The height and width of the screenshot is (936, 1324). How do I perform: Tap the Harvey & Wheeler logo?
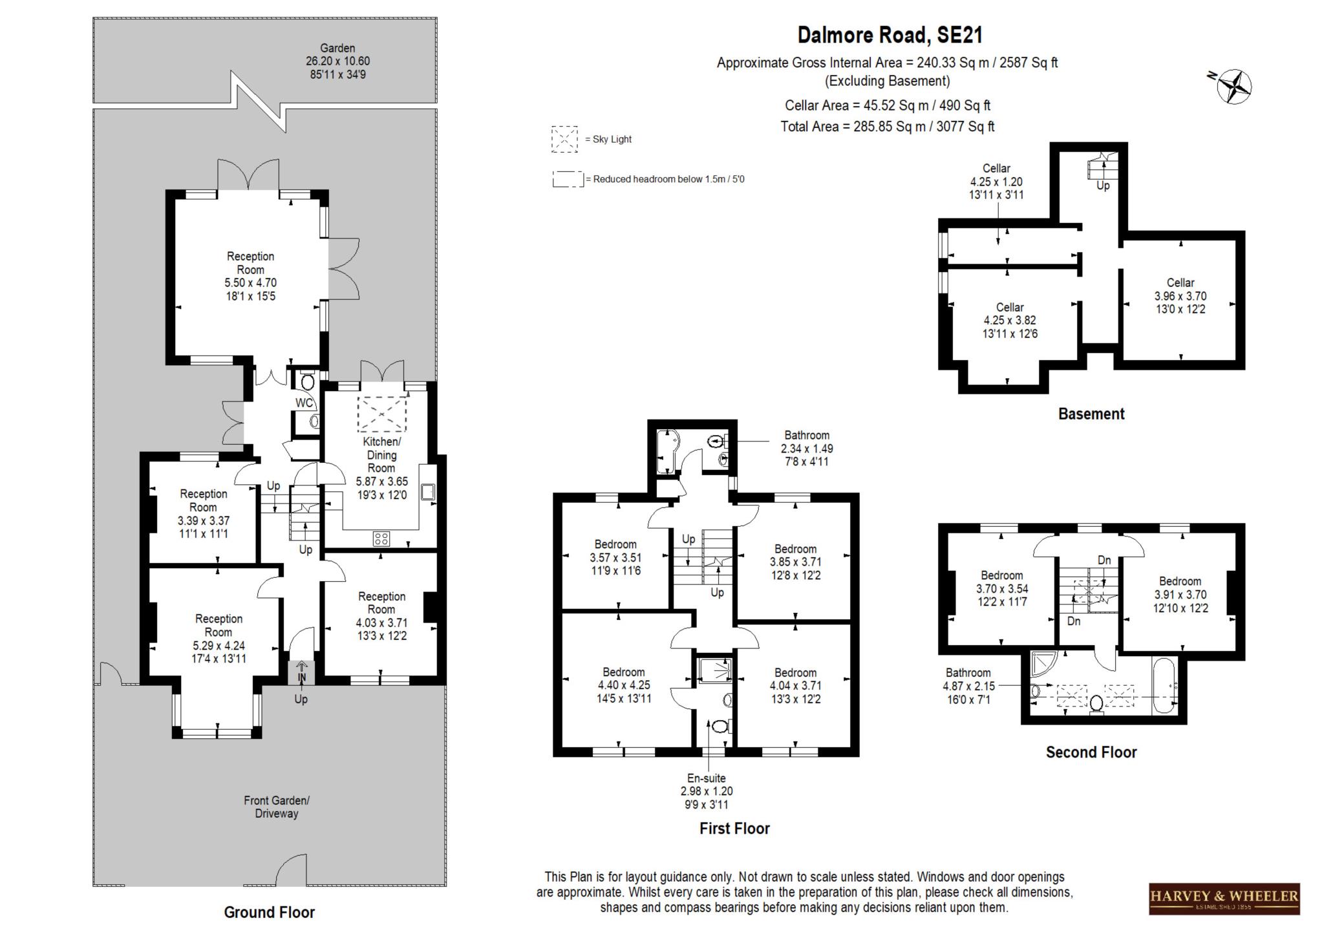pos(1224,898)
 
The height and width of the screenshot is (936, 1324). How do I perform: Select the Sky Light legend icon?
pos(564,139)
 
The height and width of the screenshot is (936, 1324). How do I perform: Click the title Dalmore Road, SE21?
pos(890,35)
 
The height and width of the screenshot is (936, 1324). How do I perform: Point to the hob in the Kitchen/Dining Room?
pos(381,538)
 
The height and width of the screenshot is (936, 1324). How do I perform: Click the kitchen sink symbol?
pos(428,493)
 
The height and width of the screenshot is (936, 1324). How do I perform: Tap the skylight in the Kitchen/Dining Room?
pos(381,414)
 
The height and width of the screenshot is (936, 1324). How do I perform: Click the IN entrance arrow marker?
pos(301,673)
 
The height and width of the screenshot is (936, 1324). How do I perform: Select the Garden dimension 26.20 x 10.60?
pos(337,61)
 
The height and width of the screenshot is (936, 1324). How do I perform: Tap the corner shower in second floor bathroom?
pos(1043,664)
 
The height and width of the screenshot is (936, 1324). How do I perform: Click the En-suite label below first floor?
pos(706,778)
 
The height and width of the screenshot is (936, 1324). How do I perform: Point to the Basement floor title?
pos(1091,414)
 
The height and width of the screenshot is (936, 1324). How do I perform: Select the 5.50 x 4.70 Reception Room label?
pos(250,276)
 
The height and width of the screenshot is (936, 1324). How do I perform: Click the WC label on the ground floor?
pos(304,403)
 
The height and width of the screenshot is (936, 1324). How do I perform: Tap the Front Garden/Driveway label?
pos(276,807)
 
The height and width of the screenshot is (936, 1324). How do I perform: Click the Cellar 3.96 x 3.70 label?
pos(1180,296)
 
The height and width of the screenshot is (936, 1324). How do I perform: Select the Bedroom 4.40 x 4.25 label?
pos(623,685)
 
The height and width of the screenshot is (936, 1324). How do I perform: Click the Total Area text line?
pos(887,127)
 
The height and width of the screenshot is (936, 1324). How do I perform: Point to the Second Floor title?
pos(1091,752)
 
